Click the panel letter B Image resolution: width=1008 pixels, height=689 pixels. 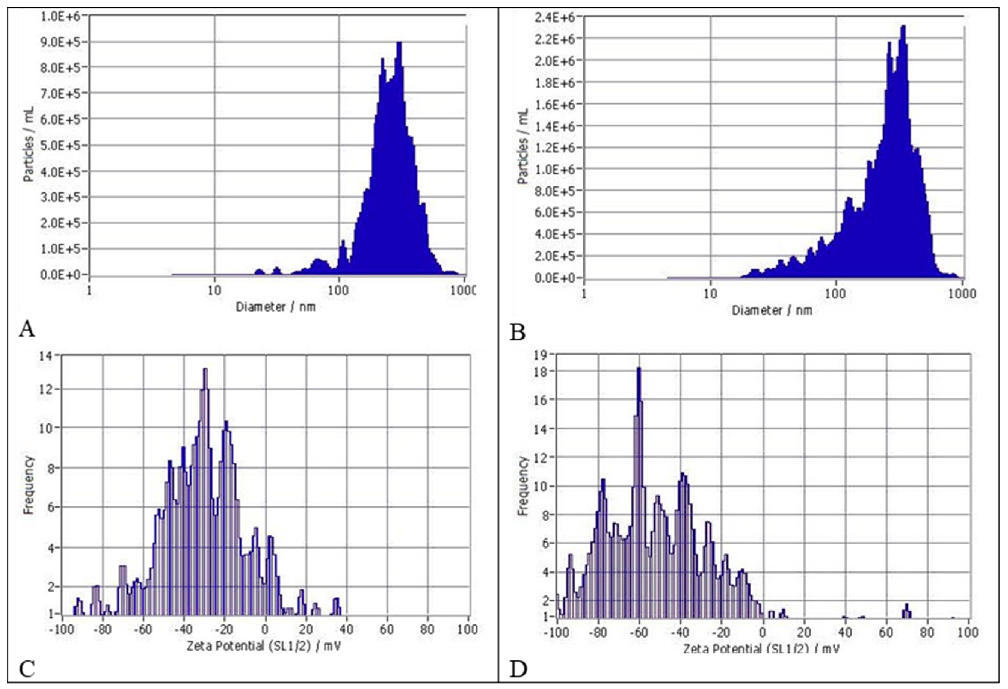tap(517, 333)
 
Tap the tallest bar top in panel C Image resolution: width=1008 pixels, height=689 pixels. tap(205, 369)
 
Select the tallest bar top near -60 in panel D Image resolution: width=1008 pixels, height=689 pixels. tap(638, 368)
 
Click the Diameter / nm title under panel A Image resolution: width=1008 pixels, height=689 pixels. tap(275, 307)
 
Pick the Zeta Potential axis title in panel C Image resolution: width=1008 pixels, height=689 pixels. tap(263, 647)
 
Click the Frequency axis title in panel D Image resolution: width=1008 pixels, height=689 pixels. tap(523, 486)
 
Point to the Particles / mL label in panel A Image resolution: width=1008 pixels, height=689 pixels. tap(29, 144)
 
